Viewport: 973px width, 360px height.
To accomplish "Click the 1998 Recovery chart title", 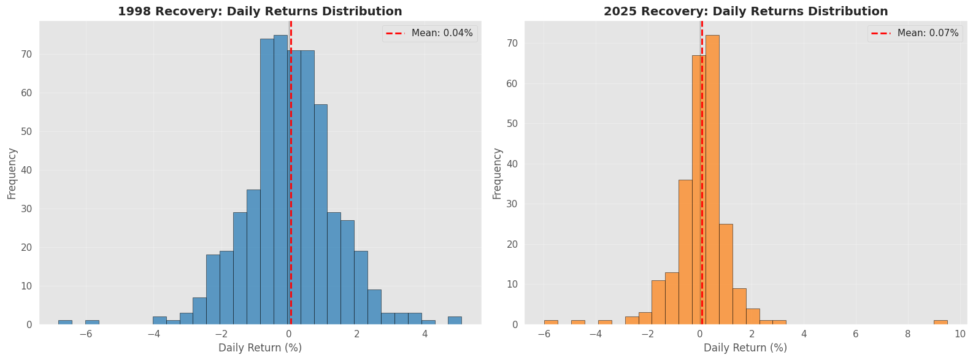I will point(260,11).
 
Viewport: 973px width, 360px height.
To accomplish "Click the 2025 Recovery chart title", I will point(745,11).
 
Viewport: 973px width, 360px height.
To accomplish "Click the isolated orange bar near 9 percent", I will point(940,322).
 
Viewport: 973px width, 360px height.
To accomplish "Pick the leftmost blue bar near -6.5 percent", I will point(65,322).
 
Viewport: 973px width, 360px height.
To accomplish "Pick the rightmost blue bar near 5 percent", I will point(455,320).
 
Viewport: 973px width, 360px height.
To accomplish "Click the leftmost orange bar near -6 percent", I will point(551,322).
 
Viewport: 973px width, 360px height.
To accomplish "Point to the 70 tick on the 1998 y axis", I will point(28,54).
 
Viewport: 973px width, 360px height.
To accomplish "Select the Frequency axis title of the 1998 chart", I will point(12,173).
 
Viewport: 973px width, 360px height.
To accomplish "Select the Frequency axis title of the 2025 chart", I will point(498,173).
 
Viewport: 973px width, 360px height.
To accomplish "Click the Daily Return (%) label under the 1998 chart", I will point(260,348).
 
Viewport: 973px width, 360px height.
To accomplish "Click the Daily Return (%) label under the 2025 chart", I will point(745,348).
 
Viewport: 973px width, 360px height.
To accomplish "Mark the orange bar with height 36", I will point(685,251).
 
